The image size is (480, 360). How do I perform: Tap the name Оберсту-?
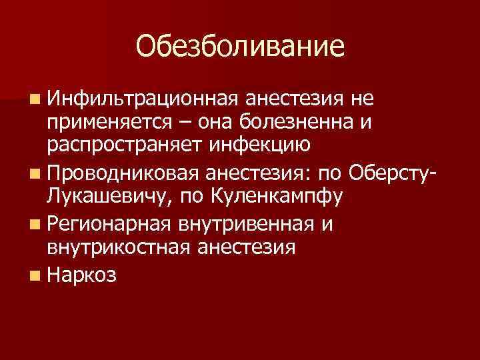click(387, 175)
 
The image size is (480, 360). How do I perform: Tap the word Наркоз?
click(83, 275)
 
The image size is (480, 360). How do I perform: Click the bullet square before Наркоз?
click(34, 275)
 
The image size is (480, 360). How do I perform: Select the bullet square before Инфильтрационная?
click(34, 100)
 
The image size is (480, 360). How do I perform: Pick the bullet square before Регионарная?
click(34, 225)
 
